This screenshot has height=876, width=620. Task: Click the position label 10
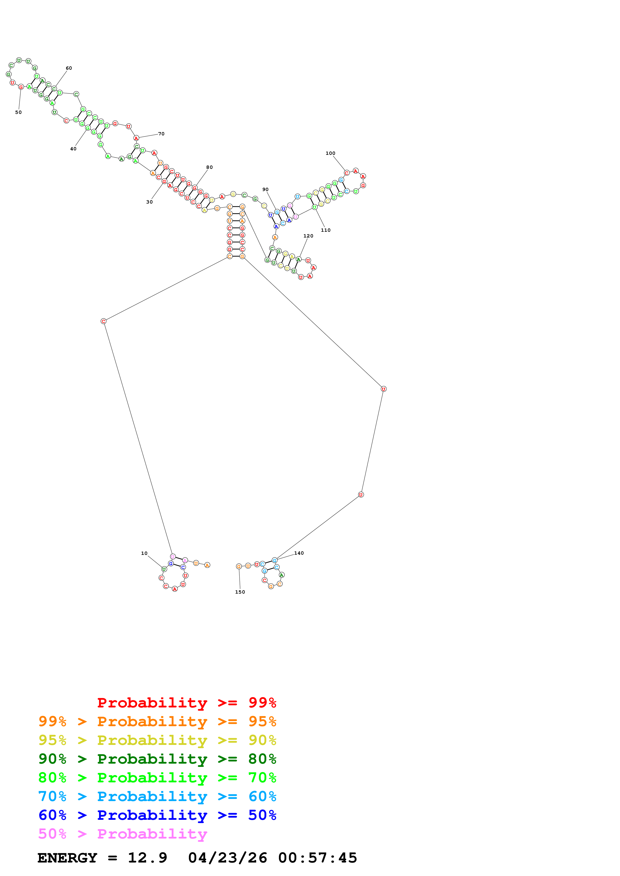pos(144,553)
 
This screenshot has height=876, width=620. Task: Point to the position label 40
pos(73,149)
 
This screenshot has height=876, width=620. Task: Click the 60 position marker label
pos(69,68)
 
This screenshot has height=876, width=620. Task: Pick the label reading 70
pos(161,134)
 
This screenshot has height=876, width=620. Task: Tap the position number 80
pos(209,167)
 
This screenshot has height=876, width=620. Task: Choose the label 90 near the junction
pos(265,189)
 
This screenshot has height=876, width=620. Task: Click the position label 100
pos(330,153)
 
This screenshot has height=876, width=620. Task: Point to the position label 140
pos(299,553)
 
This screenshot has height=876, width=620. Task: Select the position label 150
pos(240,592)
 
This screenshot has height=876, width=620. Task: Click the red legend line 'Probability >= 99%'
pos(186,702)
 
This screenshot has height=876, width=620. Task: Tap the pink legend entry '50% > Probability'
pos(123,834)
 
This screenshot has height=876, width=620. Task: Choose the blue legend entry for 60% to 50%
pos(157,815)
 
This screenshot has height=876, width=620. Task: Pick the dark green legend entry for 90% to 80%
pos(157,759)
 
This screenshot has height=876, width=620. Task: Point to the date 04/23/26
pos(227,858)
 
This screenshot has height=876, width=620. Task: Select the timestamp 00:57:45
pos(317,858)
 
